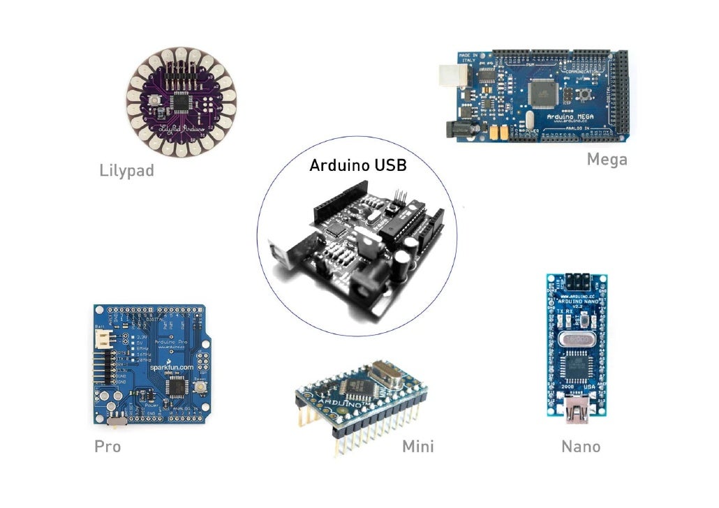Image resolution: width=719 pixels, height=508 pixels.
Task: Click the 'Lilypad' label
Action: (126, 170)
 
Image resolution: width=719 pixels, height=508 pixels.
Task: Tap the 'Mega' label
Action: (607, 160)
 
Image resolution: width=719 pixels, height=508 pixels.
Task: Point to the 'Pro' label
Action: (108, 447)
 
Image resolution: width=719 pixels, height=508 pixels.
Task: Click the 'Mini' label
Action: (417, 447)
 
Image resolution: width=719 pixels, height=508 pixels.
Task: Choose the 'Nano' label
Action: (581, 447)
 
